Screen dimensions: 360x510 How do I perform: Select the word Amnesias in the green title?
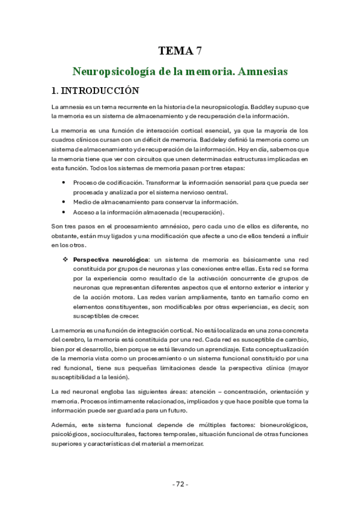(263, 72)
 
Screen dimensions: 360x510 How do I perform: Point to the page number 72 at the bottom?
(180, 484)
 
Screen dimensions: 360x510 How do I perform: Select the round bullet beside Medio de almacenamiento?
(64, 202)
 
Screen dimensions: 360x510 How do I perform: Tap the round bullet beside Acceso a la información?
(64, 212)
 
